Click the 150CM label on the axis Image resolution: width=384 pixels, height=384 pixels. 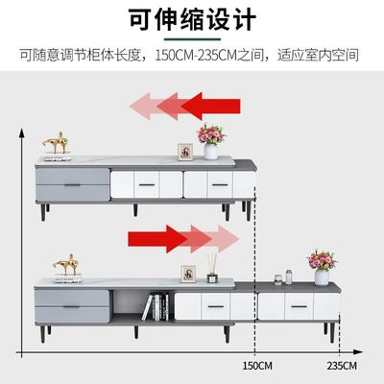[x=257, y=366]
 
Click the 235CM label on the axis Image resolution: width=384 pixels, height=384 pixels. [x=342, y=366]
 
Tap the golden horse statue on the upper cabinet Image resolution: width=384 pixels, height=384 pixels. [x=56, y=142]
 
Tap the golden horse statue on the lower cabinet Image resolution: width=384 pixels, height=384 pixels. [x=66, y=265]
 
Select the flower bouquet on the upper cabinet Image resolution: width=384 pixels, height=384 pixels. [x=211, y=134]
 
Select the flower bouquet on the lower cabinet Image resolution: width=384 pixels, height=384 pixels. [x=322, y=260]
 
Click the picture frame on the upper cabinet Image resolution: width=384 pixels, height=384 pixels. [x=185, y=152]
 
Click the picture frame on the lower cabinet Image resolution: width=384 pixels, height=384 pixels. [x=188, y=274]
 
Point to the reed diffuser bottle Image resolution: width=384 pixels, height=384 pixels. [x=212, y=269]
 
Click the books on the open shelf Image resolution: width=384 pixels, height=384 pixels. [x=156, y=307]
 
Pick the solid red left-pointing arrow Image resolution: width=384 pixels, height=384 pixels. [x=212, y=106]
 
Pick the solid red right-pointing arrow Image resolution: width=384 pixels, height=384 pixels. [x=157, y=239]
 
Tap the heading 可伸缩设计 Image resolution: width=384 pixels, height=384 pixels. [x=192, y=19]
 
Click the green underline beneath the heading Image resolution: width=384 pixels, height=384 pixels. [x=192, y=39]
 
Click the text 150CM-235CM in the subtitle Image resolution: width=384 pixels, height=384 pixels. [x=196, y=56]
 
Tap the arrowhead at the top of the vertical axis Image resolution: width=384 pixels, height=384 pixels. [x=22, y=132]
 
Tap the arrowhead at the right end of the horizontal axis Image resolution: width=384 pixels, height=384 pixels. [x=358, y=352]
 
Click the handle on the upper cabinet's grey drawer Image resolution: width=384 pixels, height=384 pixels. [x=73, y=185]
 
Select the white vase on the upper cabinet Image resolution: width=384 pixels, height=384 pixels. [x=211, y=152]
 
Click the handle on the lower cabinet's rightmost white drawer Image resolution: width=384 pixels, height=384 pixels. [x=299, y=306]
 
